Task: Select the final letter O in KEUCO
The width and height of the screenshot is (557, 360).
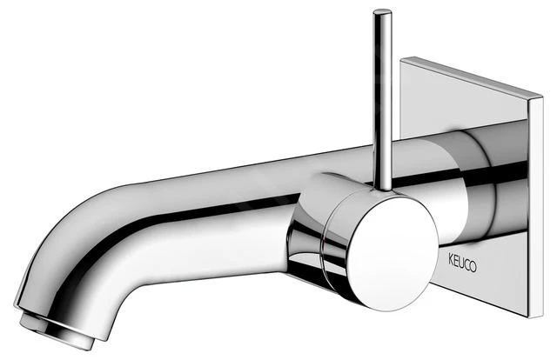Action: (x=473, y=267)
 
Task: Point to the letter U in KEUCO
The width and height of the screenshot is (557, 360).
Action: (x=461, y=263)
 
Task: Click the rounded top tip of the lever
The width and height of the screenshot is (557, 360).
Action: (x=382, y=11)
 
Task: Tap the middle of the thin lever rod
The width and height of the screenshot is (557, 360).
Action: (x=383, y=99)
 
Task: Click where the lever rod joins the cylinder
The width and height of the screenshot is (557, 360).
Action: (x=384, y=189)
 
